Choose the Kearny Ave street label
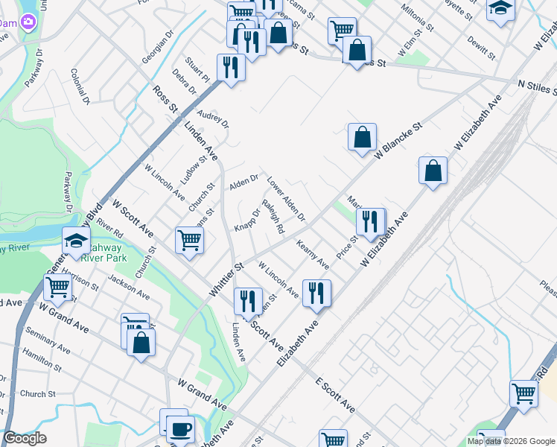click(313, 254)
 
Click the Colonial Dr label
click(80, 86)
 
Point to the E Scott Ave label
click(334, 396)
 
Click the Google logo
click(25, 438)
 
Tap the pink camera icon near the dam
click(29, 22)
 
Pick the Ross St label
click(165, 101)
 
